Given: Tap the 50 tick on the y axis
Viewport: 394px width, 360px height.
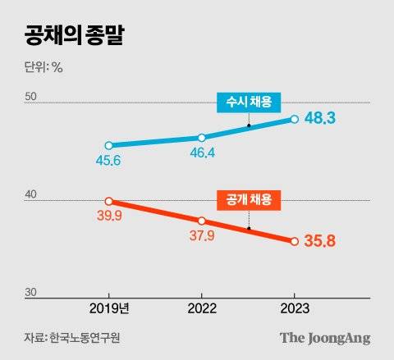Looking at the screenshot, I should pos(31,97).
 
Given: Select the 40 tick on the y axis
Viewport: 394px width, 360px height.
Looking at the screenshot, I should pos(31,194).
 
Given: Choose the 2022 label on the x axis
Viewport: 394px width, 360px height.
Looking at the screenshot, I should pos(202,308).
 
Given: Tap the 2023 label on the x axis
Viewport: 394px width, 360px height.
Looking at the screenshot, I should pos(295,308).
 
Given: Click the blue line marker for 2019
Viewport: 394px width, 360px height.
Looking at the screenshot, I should pos(109,145).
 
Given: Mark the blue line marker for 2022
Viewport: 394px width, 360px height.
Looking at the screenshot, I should pos(202,137).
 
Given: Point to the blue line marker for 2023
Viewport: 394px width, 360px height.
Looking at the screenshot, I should pos(295,120).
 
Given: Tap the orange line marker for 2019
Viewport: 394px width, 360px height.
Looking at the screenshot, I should pos(109,201).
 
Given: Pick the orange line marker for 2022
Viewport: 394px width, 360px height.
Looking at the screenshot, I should pos(202,221).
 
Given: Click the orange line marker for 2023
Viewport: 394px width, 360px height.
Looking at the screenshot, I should pos(295,241).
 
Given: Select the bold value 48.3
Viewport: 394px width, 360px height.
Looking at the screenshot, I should pos(323,120).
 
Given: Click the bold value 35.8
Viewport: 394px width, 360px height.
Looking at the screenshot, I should pos(323,242).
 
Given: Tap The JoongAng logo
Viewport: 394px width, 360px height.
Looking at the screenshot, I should pos(325,338).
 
